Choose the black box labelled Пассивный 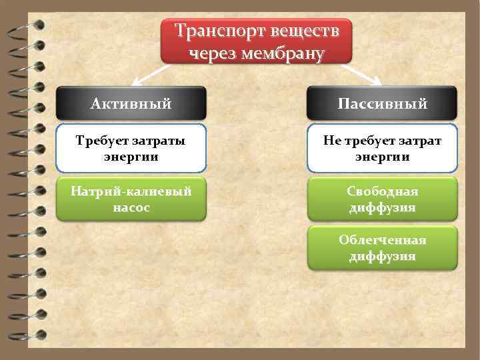click(x=383, y=103)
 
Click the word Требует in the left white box click(x=101, y=141)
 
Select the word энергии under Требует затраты click(x=131, y=157)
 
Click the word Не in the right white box click(x=331, y=141)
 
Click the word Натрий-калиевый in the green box click(x=131, y=191)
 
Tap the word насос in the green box click(x=131, y=207)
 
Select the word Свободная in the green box click(x=383, y=191)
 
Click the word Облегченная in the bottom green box click(x=383, y=240)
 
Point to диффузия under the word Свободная click(x=383, y=207)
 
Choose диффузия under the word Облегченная click(x=383, y=256)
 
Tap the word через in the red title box click(x=213, y=53)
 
